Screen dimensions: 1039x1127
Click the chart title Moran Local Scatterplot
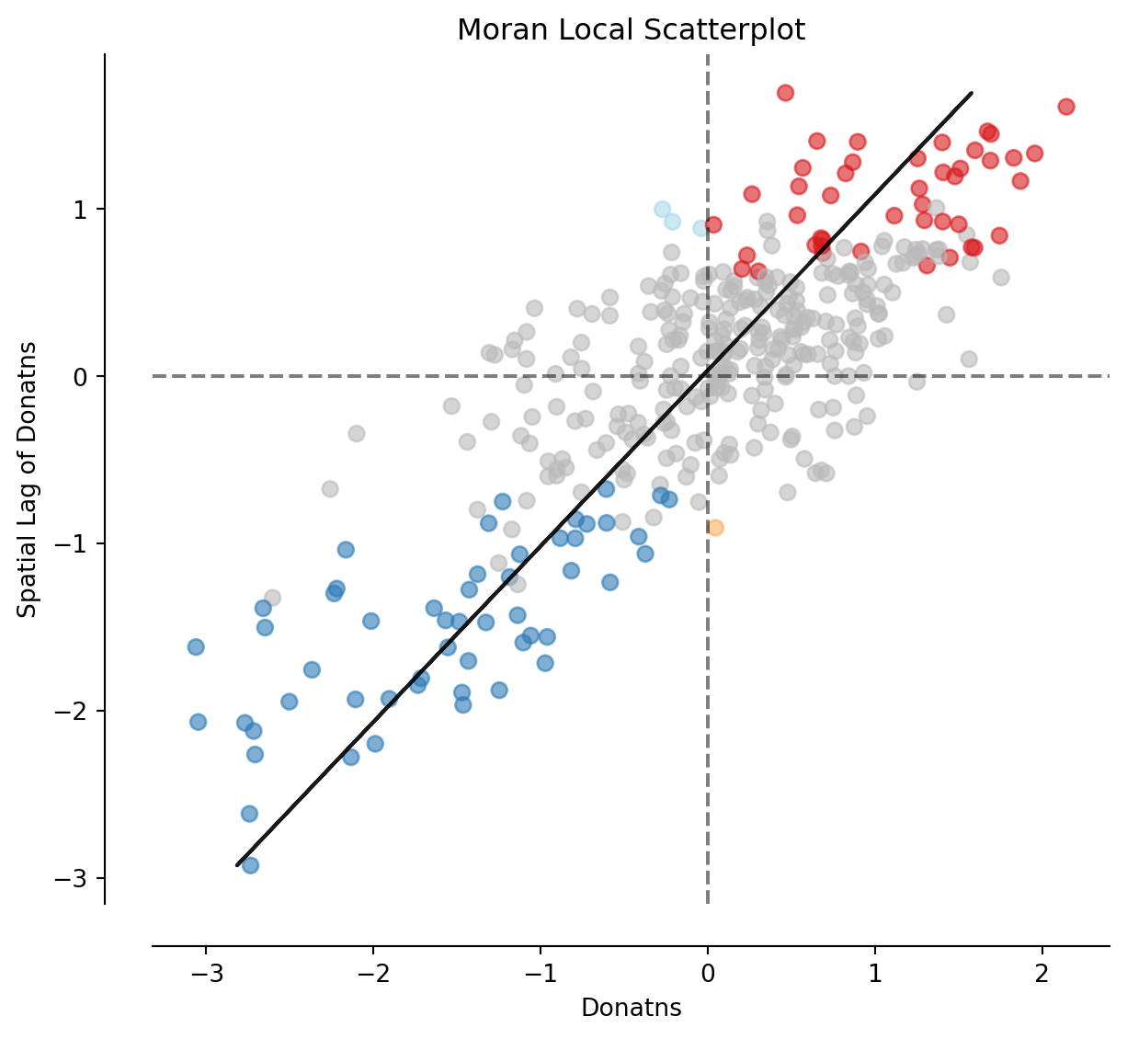(x=631, y=30)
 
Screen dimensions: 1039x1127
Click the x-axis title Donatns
(x=631, y=1009)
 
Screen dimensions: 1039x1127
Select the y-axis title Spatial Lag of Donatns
(x=28, y=479)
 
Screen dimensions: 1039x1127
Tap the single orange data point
(x=715, y=528)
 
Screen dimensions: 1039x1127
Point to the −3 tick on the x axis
(x=205, y=974)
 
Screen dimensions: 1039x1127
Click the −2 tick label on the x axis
(x=372, y=974)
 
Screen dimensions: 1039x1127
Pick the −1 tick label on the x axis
(x=540, y=974)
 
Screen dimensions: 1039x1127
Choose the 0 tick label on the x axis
(x=708, y=974)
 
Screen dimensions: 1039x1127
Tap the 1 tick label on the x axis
(x=875, y=974)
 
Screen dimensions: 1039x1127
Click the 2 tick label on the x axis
(x=1042, y=974)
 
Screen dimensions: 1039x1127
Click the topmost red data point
(x=785, y=93)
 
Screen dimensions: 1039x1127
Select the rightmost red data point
(x=1066, y=107)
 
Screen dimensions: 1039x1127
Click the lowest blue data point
(x=250, y=865)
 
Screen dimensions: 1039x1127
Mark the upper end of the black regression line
(x=972, y=93)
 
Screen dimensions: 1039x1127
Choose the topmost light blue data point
(x=662, y=210)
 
